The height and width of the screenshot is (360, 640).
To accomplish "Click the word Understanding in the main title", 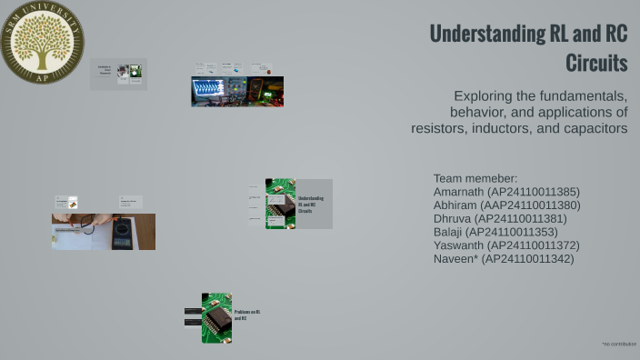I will [x=487, y=35].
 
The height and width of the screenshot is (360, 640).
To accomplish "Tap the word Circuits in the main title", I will [x=596, y=64].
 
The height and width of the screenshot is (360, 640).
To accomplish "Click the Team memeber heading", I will [x=475, y=178].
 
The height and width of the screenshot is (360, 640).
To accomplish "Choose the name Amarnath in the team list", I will [x=458, y=192].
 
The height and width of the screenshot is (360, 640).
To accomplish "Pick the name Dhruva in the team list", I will [x=453, y=219].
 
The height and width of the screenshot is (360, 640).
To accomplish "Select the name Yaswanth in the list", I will [x=459, y=245].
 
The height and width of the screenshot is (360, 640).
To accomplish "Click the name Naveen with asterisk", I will [x=455, y=259].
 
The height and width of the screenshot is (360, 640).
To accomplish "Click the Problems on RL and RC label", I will [x=247, y=315].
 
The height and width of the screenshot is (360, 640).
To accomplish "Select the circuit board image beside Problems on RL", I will [x=216, y=318].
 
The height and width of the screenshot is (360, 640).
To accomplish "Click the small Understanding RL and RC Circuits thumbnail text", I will [x=311, y=204].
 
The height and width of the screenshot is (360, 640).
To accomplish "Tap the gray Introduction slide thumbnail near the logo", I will [x=118, y=74].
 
